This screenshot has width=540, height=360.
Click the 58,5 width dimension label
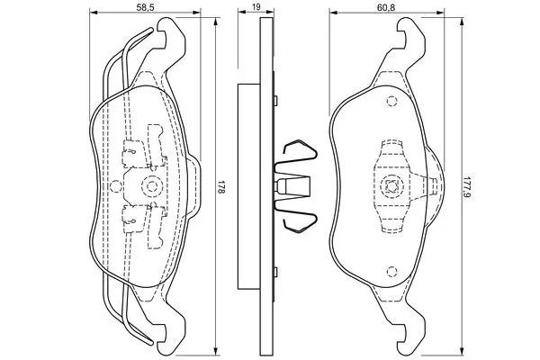[144, 7]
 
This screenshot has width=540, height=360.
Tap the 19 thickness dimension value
[256, 6]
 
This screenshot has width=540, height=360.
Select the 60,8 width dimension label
[386, 7]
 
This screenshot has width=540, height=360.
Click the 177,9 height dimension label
[467, 188]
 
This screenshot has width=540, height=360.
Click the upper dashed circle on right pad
[391, 102]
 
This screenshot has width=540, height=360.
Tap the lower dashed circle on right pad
[391, 272]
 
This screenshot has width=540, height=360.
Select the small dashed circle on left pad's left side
[115, 186]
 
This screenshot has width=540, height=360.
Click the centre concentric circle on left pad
[152, 186]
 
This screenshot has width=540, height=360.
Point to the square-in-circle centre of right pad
[391, 186]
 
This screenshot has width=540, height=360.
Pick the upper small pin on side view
[275, 101]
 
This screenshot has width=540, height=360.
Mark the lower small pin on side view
[275, 272]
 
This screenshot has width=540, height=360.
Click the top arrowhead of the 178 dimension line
[216, 22]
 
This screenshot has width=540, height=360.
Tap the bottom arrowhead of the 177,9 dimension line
[463, 352]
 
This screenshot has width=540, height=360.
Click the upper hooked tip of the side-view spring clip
[285, 149]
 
